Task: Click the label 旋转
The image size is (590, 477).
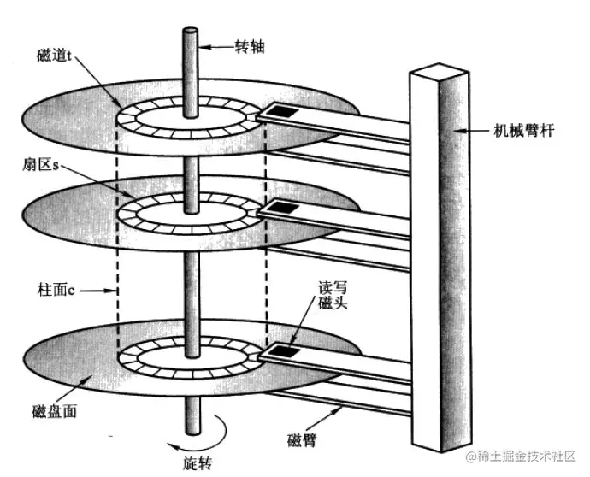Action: (197, 463)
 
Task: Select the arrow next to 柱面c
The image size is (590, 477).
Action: (100, 291)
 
